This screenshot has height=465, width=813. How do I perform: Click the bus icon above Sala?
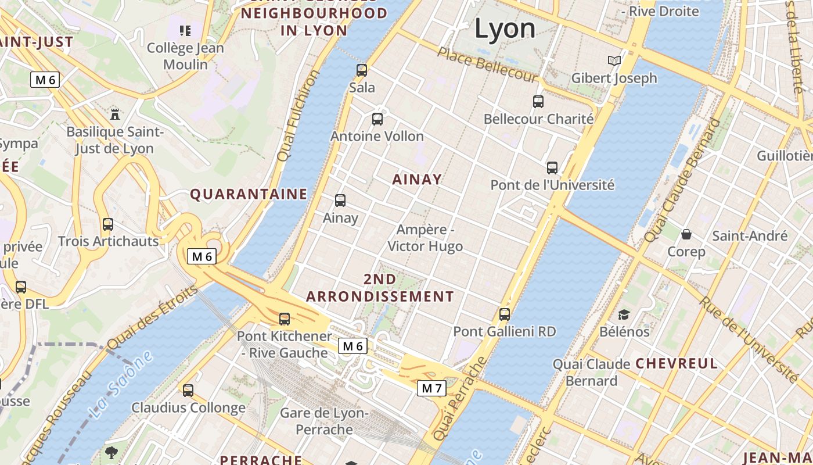point(362,70)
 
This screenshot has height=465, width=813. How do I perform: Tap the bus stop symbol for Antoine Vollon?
point(377,119)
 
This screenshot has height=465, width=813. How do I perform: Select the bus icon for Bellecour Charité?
point(538,102)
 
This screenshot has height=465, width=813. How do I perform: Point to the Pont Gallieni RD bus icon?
point(505,314)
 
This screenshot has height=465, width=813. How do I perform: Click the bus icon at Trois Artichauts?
point(107,224)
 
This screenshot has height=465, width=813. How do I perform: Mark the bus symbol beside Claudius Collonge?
point(188,391)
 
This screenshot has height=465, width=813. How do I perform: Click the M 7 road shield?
point(431,388)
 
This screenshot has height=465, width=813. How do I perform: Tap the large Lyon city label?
point(505,28)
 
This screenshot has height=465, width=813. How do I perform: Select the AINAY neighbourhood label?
point(417,179)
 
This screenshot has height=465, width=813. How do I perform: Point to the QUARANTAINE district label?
point(249,194)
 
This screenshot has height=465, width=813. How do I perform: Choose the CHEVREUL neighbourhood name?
point(677,364)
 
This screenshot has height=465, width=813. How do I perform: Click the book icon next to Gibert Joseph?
point(614,60)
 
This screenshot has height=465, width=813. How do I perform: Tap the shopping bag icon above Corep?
point(686,234)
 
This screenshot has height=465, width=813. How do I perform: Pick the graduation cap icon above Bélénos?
point(624,314)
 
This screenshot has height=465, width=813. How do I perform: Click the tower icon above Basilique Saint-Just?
point(115,114)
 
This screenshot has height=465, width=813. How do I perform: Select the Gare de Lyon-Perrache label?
point(324,421)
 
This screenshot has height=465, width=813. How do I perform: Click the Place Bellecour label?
point(487,65)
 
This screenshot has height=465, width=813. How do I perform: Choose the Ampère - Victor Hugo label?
point(425,238)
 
